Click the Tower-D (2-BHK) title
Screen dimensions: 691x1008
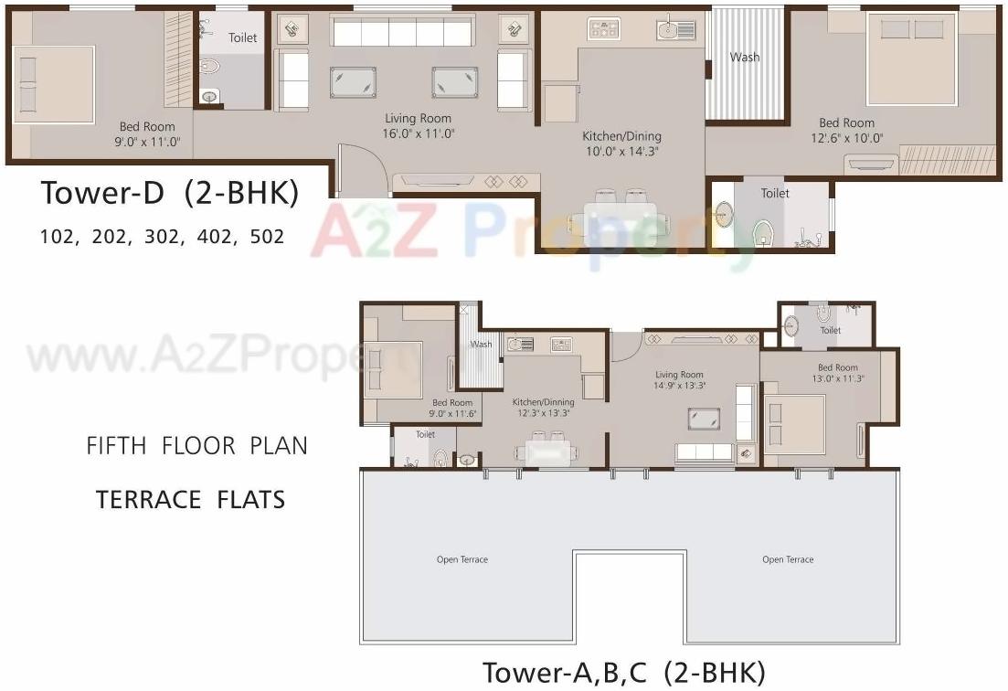click(169, 195)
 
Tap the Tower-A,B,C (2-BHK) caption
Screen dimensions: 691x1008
click(623, 673)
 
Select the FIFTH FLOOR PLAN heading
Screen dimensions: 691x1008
click(196, 446)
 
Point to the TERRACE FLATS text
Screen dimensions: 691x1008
click(190, 499)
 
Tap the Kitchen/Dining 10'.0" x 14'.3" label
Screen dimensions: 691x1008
click(621, 144)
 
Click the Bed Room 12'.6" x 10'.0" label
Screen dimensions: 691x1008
click(846, 130)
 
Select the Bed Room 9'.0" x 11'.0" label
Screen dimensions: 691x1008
click(147, 134)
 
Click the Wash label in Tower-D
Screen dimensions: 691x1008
click(744, 58)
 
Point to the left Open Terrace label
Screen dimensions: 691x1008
click(462, 559)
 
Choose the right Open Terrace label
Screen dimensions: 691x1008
click(788, 559)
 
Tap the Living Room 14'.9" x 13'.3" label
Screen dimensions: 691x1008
click(679, 380)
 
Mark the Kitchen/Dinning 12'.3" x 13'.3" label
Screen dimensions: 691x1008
click(543, 408)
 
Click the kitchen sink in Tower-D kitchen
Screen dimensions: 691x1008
click(675, 30)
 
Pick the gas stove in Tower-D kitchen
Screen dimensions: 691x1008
click(604, 29)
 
